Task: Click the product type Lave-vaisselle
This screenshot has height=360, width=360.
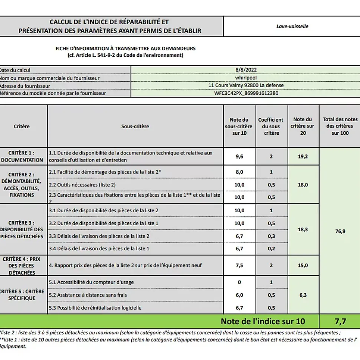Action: coord(292,26)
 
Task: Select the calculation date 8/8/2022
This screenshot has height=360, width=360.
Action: coord(246,70)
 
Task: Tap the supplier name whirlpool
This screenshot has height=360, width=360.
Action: coord(246,78)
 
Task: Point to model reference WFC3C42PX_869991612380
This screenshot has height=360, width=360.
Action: coord(246,93)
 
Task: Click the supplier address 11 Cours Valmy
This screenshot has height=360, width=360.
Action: coord(246,85)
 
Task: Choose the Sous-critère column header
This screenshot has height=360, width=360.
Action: coord(135,126)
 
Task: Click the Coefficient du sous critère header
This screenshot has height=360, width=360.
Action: coord(271,126)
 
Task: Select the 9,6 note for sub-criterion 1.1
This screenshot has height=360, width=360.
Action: coord(239,156)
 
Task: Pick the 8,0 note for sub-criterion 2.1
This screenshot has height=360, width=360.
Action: coord(239,172)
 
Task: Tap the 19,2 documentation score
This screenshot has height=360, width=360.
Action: coord(303,156)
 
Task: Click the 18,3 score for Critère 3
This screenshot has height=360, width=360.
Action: coord(303,229)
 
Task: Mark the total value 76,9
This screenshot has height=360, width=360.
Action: coord(340,231)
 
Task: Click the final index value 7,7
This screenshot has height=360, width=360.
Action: coord(340,321)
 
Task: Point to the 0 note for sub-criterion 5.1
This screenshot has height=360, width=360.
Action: coord(239,282)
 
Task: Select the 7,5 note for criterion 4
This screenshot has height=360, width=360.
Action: coord(239,265)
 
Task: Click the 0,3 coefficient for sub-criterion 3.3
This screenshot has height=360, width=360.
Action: coord(271,236)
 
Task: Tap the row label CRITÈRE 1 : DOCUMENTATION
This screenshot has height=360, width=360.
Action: coord(22,156)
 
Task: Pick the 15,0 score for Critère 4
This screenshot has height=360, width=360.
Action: coord(303,265)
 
